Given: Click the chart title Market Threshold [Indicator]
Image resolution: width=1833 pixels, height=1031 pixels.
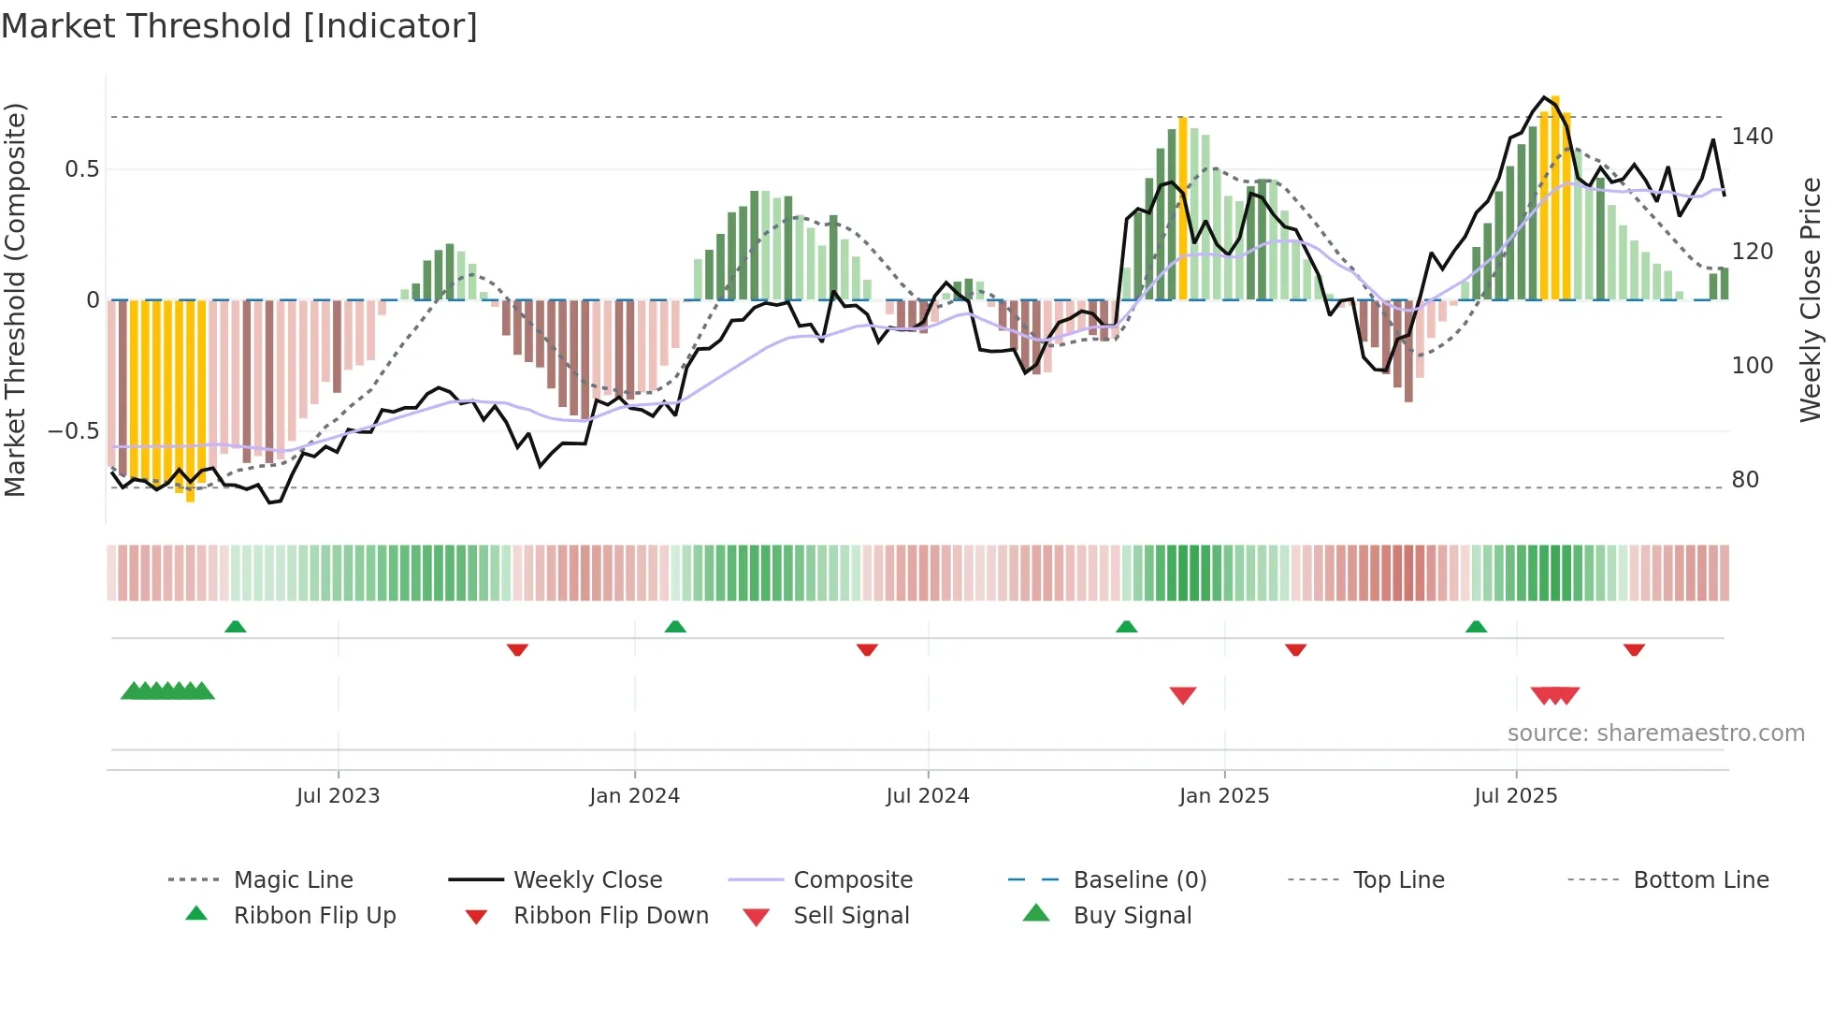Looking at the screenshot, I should click(x=239, y=26).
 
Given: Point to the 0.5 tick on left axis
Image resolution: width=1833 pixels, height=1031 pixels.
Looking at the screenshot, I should click(x=81, y=169).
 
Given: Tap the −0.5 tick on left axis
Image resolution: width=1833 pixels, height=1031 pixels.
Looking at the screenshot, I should click(x=74, y=431).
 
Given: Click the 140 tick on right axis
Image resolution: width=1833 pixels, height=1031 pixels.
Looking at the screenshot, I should click(x=1752, y=137).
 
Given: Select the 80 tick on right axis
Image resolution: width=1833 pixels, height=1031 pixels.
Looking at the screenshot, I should click(x=1745, y=480).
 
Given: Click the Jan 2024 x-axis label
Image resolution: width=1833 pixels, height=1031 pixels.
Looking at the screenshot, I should click(x=634, y=796).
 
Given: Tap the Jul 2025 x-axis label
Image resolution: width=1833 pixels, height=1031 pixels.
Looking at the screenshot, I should click(x=1515, y=796).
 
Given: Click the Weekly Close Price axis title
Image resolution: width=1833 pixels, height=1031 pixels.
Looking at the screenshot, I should click(x=1811, y=299).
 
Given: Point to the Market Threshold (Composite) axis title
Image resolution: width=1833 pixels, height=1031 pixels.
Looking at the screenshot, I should click(x=15, y=299).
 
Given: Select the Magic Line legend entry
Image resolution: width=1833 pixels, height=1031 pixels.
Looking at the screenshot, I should click(x=293, y=880).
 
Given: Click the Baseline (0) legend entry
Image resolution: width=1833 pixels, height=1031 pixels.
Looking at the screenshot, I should click(x=1139, y=880).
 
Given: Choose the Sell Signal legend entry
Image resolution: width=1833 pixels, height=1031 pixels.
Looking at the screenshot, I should click(x=850, y=916).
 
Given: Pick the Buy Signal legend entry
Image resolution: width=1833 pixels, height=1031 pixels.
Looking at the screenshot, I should click(x=1132, y=916).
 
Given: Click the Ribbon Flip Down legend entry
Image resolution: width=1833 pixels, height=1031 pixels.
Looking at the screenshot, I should click(x=610, y=916).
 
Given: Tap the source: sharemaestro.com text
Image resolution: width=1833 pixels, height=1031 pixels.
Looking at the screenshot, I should click(x=1655, y=733).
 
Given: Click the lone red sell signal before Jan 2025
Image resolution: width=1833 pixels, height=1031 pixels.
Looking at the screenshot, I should click(x=1183, y=695).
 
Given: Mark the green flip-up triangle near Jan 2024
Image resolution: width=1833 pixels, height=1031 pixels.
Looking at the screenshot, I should click(x=675, y=627).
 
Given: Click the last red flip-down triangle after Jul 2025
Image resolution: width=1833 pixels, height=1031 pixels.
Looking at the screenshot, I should click(x=1634, y=649).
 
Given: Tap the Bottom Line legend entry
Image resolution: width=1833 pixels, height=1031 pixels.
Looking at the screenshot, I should click(x=1700, y=880).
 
